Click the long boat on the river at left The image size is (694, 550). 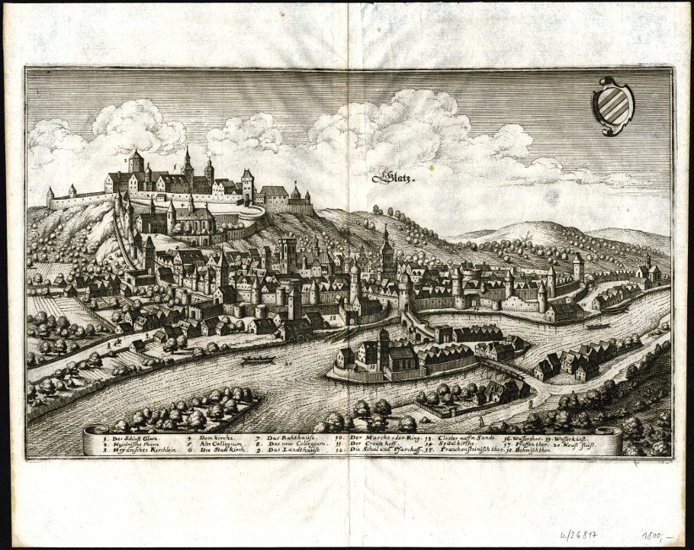[258, 359]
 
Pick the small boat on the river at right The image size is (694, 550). [598, 325]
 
